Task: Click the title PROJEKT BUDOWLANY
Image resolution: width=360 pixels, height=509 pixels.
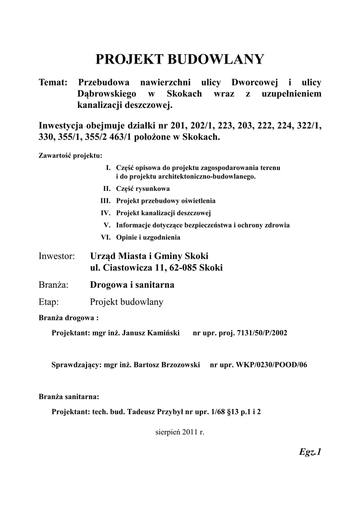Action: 180,60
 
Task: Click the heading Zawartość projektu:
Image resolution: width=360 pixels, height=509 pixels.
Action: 70,155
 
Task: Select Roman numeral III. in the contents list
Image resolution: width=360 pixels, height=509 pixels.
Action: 105,201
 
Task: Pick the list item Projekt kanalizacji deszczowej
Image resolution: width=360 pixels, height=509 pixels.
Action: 164,213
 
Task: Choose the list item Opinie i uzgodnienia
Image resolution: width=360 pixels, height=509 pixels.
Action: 148,237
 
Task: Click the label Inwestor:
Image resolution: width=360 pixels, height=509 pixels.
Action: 56,256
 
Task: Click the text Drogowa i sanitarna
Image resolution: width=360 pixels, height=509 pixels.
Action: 132,285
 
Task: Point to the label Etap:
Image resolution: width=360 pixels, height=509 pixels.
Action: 49,302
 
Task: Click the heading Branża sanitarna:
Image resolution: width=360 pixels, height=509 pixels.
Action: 69,397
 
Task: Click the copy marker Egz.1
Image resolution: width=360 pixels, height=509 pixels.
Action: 310,452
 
